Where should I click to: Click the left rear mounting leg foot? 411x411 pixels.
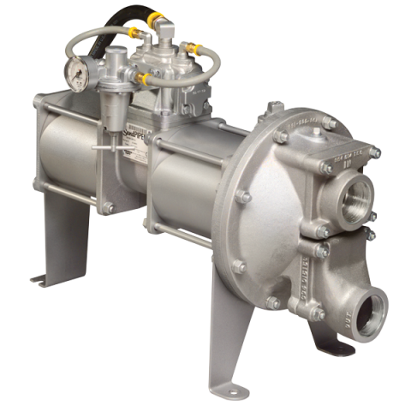click(43, 277)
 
